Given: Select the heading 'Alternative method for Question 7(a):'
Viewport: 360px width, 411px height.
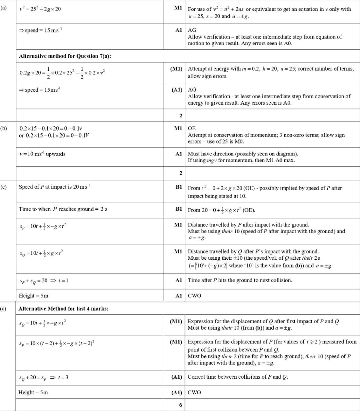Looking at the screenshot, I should pos(65,56).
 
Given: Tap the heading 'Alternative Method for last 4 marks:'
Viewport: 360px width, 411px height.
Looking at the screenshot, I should pos(63,308).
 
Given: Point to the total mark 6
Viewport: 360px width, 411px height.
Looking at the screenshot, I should pos(180,405).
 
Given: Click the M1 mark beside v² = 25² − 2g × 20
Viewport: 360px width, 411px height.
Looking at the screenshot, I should pos(178,8).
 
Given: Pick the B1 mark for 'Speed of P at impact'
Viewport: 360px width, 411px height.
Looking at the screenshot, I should pos(179,187).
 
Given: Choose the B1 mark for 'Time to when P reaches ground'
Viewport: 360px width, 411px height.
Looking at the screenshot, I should pos(179,209).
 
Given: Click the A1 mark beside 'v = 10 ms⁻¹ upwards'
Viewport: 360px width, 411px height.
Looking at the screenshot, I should pos(179,154).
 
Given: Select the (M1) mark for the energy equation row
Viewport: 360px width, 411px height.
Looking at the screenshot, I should pos(176,69).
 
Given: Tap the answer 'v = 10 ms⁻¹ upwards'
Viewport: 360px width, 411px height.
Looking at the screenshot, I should pos(42,154).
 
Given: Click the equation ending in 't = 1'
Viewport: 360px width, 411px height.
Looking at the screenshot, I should pos(44,281).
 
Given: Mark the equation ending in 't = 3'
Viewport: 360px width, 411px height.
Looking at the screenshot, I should pos(44,377).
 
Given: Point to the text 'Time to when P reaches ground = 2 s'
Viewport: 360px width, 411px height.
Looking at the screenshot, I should pos(63,209).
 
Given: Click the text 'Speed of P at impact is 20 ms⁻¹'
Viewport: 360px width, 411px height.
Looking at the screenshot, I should pos(54,187).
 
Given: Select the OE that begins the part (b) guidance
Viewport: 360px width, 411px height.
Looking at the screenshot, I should pos(192,128).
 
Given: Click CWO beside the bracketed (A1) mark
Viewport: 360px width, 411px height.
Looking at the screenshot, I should pos(194,392).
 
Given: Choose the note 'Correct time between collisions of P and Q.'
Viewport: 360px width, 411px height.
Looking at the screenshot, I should pos(238,377).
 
